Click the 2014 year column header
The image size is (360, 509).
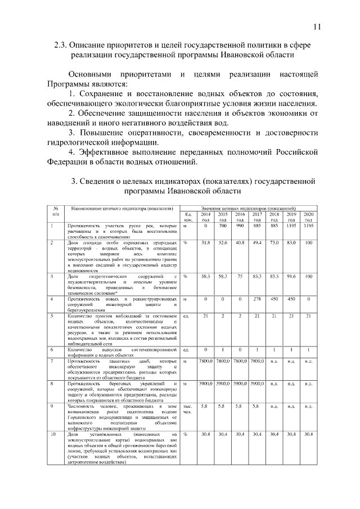click(x=206, y=217)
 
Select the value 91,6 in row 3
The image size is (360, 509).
click(x=291, y=277)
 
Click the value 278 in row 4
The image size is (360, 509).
click(x=257, y=298)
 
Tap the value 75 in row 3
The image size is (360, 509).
click(x=240, y=277)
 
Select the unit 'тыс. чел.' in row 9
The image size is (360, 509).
click(x=188, y=408)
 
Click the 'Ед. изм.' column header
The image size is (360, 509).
click(x=188, y=217)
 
